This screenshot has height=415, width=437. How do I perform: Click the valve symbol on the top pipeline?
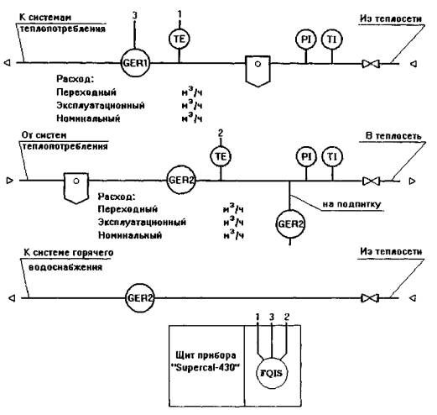(371, 64)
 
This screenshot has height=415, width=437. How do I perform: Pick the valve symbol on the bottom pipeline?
(370, 298)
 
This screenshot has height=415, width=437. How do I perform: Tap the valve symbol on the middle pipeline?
(372, 181)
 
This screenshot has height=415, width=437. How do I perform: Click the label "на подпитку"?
(351, 204)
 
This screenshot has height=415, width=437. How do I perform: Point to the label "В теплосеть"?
(393, 136)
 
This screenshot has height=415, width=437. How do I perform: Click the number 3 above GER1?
(135, 15)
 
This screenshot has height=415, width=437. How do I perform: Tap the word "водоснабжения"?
(65, 267)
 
